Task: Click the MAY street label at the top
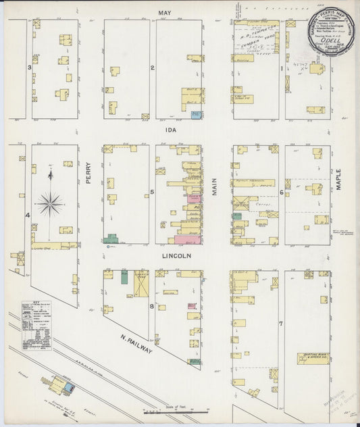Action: [x=162, y=13]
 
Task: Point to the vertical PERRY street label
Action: [x=88, y=176]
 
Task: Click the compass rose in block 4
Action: [x=51, y=201]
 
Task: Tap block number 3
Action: [x=29, y=68]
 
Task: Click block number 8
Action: [x=153, y=306]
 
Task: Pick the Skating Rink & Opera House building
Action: [x=313, y=357]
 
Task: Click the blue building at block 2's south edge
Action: [x=196, y=116]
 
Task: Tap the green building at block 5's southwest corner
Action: [x=112, y=238]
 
